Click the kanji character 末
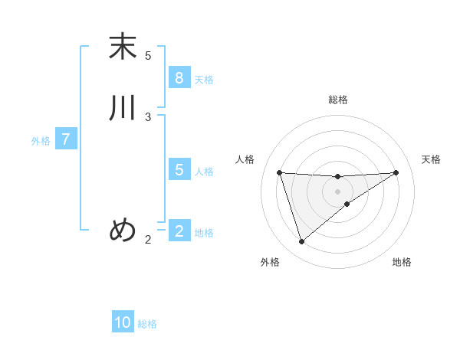tap(123, 47)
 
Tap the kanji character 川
tap(123, 108)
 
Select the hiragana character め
tap(123, 230)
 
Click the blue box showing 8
tap(179, 78)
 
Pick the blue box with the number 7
tap(66, 140)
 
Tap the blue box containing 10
tap(123, 322)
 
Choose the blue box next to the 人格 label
tap(179, 170)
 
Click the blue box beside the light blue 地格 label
tap(179, 231)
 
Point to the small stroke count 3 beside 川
tap(148, 117)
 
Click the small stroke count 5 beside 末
tap(148, 56)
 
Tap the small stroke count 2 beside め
tap(148, 240)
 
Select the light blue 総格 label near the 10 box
tap(147, 324)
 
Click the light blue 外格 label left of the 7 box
tap(41, 141)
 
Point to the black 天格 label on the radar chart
tap(431, 159)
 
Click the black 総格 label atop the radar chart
tap(337, 100)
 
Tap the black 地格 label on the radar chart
tap(402, 263)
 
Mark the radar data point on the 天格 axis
tap(396, 172)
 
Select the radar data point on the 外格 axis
tap(301, 242)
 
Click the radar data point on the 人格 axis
tap(279, 172)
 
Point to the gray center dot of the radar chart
tap(337, 191)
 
